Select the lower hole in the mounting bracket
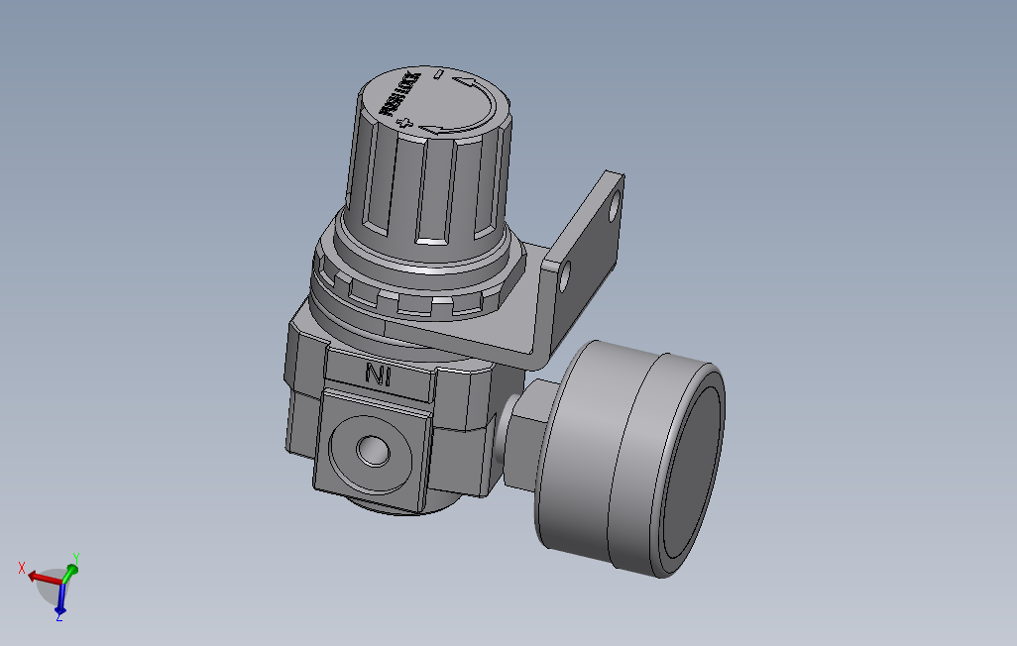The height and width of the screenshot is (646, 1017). [565, 277]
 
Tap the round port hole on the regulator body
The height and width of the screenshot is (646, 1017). [374, 450]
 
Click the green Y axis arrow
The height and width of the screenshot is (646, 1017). [68, 572]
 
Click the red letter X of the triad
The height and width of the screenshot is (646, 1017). [22, 568]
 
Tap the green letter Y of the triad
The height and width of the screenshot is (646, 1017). [76, 558]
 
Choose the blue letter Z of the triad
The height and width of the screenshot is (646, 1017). [59, 616]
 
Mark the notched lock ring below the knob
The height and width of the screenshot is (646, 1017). [416, 297]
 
